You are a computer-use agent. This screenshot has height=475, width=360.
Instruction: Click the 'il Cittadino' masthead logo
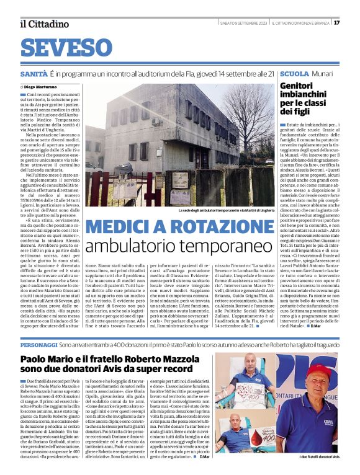44,24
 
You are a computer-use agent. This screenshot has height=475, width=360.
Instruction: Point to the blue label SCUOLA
294,73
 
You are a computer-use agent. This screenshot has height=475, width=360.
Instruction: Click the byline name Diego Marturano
39,87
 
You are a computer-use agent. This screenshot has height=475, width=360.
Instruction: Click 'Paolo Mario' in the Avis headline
47,359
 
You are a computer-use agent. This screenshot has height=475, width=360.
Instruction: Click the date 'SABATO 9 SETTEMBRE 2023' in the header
243,23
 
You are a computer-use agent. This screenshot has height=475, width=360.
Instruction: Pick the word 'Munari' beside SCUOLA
323,73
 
